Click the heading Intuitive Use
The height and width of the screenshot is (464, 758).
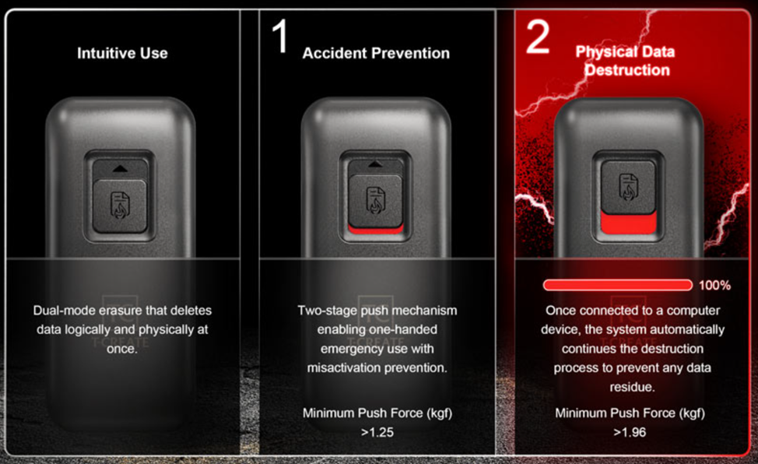click(x=122, y=53)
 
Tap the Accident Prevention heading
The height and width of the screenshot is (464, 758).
click(x=376, y=53)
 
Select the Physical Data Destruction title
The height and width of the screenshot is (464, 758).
click(x=626, y=61)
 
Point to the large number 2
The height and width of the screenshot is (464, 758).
click(x=537, y=37)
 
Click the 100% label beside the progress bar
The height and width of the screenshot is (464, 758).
click(x=714, y=286)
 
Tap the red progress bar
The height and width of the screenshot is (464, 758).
click(x=618, y=285)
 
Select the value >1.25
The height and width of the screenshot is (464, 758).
click(x=377, y=432)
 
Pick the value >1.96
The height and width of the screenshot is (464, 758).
click(x=630, y=432)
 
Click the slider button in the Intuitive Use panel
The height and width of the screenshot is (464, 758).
click(x=120, y=206)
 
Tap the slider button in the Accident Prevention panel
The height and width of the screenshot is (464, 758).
click(x=376, y=201)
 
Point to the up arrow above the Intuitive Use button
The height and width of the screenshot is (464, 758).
click(x=120, y=169)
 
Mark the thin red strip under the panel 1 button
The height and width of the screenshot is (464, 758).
click(x=376, y=230)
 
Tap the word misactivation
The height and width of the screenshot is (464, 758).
click(x=342, y=367)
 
